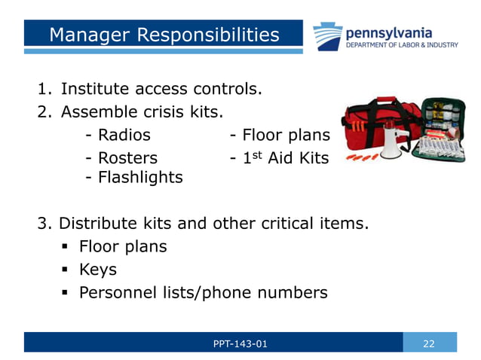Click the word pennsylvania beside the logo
388,32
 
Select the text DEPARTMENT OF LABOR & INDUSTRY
401,45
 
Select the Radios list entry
118,136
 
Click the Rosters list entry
122,158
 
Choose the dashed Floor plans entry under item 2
280,136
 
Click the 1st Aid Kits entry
280,158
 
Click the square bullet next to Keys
65,270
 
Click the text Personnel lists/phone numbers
204,292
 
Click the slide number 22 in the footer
429,343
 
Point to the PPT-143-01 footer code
240,343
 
